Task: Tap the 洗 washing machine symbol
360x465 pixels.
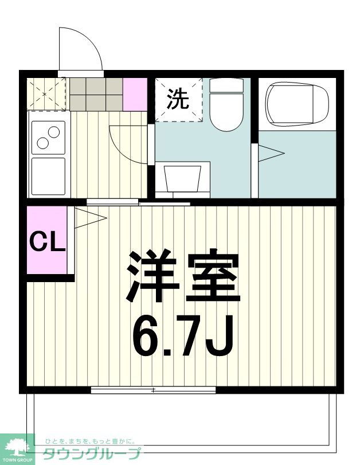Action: pyautogui.click(x=178, y=100)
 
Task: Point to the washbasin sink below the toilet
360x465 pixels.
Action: pyautogui.click(x=183, y=178)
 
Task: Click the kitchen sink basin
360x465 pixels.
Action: pyautogui.click(x=49, y=175)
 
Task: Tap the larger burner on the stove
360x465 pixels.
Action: pyautogui.click(x=44, y=142)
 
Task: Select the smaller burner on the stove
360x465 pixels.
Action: pyautogui.click(x=54, y=131)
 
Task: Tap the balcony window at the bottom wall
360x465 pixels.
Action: pyautogui.click(x=153, y=390)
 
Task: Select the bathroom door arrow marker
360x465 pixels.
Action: pyautogui.click(x=269, y=153)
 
